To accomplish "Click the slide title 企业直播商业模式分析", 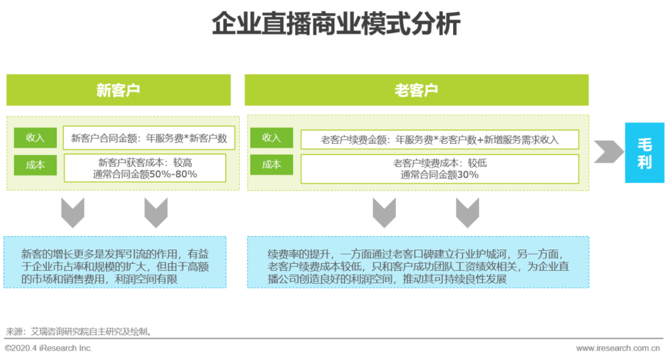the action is pos(335,25).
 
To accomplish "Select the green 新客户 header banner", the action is pos(118,90).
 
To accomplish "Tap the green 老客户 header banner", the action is pos(416,90).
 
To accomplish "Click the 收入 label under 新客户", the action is pos(35,138).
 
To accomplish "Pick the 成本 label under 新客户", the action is pos(35,165).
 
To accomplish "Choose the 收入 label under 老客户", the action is pos(271,138).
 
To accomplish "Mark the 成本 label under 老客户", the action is pos(271,165).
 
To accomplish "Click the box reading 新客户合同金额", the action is pos(149,139).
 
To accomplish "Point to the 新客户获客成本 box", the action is pos(145,168).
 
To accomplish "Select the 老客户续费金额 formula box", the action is pos(439,139).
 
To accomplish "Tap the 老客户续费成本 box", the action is pos(439,169).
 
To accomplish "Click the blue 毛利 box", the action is pos(644,153).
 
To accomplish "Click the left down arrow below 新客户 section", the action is pos(72,213).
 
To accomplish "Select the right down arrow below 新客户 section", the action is pos(156,213).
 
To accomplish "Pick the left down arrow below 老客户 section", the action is pos(384,213).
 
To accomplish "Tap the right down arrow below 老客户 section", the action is pos(467,213).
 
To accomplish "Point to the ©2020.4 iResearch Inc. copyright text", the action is pos(49,348).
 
